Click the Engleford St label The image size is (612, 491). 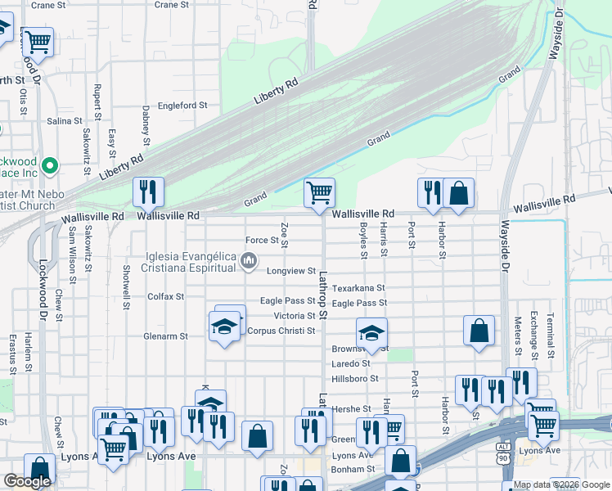click(182, 106)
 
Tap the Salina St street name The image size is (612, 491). click(59, 120)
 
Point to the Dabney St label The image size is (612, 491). click(146, 119)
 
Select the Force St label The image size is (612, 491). click(263, 240)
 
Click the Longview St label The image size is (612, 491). click(290, 271)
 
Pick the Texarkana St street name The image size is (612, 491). click(358, 288)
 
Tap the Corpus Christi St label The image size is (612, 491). click(281, 331)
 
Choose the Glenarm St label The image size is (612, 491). click(165, 336)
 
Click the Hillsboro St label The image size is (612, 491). click(355, 379)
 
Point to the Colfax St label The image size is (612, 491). click(165, 296)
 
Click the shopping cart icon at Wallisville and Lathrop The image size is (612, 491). click(320, 193)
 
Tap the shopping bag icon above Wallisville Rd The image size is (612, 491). click(459, 194)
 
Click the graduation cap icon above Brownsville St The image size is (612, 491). click(371, 333)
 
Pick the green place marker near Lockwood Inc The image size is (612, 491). click(50, 166)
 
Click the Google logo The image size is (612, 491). click(27, 482)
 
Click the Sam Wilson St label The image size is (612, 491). click(72, 251)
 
